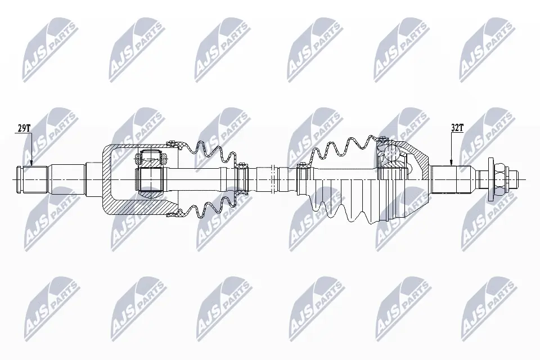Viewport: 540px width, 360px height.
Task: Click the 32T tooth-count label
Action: point(457,128)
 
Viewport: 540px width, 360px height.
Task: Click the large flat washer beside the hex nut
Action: point(491,179)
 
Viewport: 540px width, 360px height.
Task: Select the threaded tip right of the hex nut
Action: point(512,179)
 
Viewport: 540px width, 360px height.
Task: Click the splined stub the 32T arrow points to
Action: point(451,179)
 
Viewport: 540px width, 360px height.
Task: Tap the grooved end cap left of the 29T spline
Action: point(20,179)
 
